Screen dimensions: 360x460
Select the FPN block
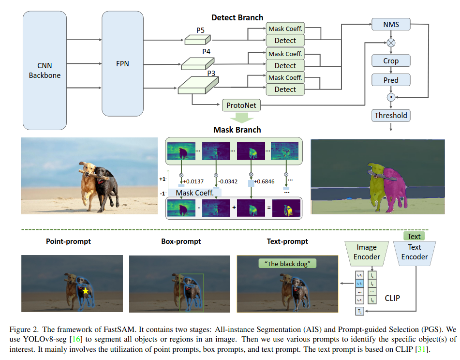[x=122, y=63]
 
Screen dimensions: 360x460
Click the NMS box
[x=391, y=24]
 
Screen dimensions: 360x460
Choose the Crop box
[x=391, y=61]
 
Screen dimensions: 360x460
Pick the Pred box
[x=391, y=79]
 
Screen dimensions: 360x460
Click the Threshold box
[x=391, y=116]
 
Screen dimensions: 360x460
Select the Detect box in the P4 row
[x=285, y=65]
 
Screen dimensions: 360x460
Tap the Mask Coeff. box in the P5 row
[x=285, y=29]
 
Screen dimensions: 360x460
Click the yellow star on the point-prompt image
[x=85, y=291]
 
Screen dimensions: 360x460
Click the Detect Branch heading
[x=237, y=17]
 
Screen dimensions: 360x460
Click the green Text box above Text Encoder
[x=414, y=236]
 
